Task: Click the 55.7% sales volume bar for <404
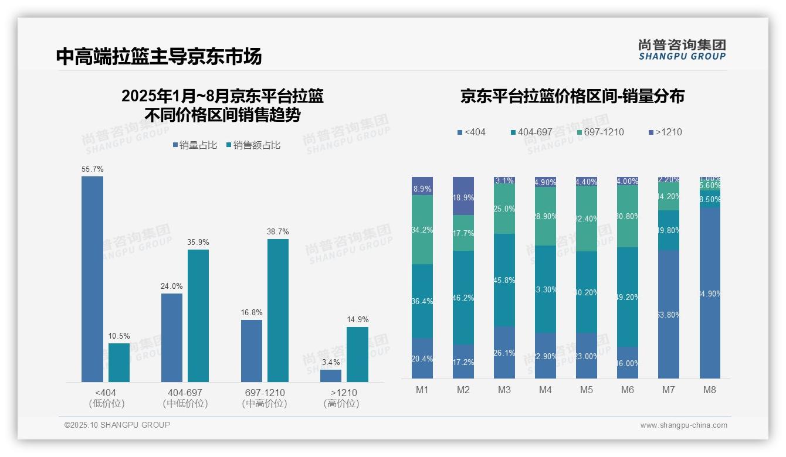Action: [92, 279]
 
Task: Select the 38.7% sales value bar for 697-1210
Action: [278, 311]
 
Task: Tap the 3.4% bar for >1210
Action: [331, 376]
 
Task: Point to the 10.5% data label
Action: [119, 336]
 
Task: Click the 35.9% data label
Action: [198, 243]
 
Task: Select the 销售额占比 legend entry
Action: [253, 145]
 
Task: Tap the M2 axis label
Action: [463, 390]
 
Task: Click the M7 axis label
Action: [669, 390]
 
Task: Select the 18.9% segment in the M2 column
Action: [463, 196]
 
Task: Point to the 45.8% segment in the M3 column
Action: [504, 280]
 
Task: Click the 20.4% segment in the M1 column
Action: [422, 358]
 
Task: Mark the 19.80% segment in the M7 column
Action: [669, 230]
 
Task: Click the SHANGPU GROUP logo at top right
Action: [682, 50]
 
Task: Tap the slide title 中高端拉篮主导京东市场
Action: [159, 56]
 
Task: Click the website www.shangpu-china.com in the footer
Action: [683, 425]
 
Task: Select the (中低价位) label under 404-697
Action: [185, 404]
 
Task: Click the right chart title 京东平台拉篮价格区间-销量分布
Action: [572, 97]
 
